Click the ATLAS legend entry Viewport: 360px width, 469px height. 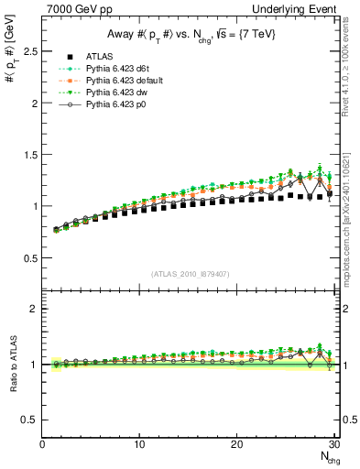point(101,58)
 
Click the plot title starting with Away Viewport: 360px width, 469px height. point(190,35)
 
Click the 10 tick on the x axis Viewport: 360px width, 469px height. point(139,445)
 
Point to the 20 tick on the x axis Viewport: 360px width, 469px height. point(237,445)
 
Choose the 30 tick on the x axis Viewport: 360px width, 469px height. point(334,445)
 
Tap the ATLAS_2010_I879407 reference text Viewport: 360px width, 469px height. point(189,274)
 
